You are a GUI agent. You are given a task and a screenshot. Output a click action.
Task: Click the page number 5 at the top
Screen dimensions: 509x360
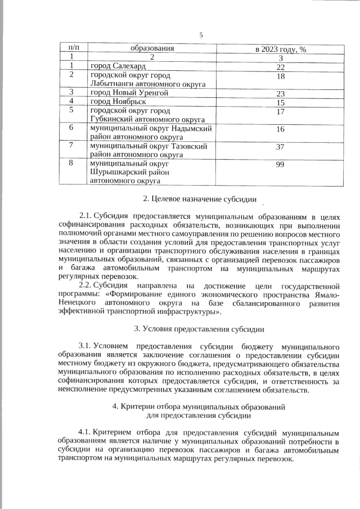point(200,35)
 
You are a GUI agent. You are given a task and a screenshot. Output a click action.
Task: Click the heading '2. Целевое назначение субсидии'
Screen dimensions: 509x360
point(200,199)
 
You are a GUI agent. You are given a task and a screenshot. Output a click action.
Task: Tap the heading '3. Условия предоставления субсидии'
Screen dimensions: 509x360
point(200,328)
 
